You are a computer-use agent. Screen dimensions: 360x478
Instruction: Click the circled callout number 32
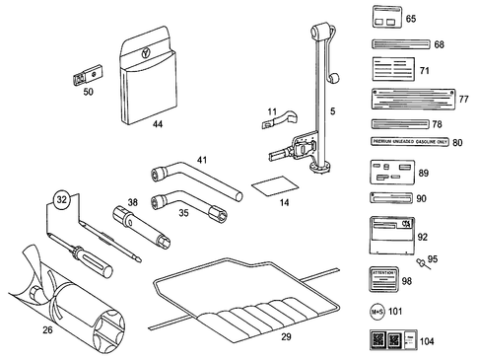pyautogui.click(x=62, y=200)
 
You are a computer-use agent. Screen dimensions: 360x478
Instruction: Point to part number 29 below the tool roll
pyautogui.click(x=288, y=337)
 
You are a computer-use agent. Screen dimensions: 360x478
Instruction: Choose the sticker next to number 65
pyautogui.click(x=385, y=19)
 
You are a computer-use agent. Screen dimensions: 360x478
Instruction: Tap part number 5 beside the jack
pyautogui.click(x=332, y=112)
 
